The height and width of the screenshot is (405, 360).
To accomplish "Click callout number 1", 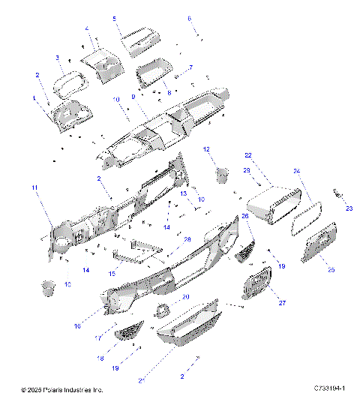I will click(33, 98).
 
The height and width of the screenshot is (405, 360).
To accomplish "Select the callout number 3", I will click(57, 58).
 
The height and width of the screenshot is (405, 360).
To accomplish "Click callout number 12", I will click(206, 149).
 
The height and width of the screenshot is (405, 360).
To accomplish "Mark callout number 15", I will click(112, 274).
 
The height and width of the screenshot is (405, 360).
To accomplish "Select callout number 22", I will click(247, 155).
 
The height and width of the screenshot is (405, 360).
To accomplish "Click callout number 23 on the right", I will click(348, 209).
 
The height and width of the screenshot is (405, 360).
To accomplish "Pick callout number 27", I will click(283, 303).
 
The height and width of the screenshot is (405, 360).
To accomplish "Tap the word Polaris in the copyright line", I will click(55, 390).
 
